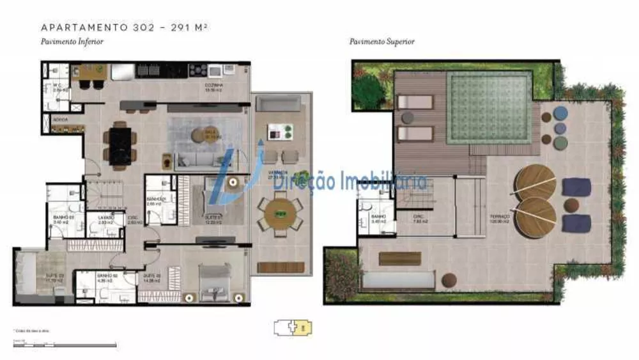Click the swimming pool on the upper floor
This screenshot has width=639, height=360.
pos(489,107)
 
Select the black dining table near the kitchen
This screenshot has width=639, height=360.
pos(120,145)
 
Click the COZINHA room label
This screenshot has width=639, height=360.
pos(214,86)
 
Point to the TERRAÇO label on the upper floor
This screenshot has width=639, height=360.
pos(499,217)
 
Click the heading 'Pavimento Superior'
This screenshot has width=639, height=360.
pos(381,42)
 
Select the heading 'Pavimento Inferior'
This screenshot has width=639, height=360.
pos(72,42)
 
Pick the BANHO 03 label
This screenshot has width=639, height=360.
pos(60,218)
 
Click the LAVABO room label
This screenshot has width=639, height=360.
pos(105,218)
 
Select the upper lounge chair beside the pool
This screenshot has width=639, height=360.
pos(415,102)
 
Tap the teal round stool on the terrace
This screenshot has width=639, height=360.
pos(560,113)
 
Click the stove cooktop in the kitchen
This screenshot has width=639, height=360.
pos(197,70)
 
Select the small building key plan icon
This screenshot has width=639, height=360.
pos(293,329)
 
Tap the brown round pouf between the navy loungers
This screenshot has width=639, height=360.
pos(572,205)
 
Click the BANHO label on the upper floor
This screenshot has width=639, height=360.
pos(378,217)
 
